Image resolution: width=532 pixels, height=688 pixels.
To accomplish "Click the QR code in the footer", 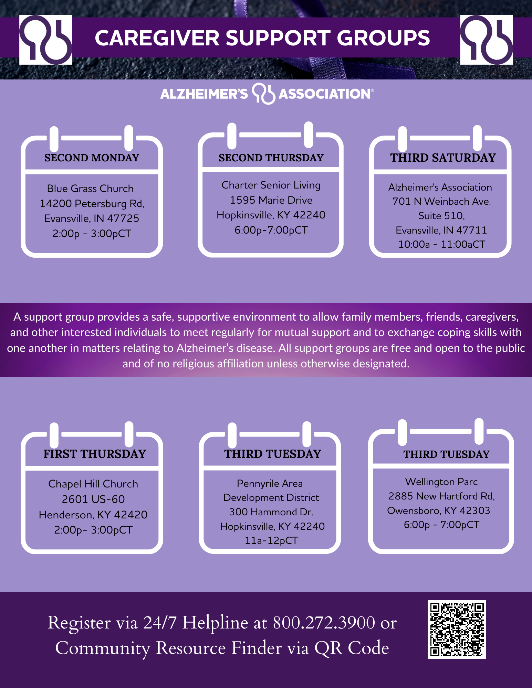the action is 457,629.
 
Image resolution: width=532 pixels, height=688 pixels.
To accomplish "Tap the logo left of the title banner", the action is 45,40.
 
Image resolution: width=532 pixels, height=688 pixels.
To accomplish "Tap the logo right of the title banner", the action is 487,40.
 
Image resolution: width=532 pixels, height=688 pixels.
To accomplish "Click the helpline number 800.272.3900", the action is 324,622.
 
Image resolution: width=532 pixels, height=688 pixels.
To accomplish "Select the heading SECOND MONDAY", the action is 92,158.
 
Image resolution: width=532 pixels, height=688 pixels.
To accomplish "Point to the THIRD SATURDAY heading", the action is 443,158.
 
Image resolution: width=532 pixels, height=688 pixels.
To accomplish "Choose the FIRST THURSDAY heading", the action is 95,454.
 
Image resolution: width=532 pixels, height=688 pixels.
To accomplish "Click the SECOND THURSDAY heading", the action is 271,158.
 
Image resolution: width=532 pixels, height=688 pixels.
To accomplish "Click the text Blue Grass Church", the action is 90,189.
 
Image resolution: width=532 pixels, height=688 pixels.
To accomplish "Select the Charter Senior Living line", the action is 271,185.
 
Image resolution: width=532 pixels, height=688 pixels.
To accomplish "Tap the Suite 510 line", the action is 441,216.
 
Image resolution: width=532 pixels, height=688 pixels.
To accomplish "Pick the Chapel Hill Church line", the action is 93,484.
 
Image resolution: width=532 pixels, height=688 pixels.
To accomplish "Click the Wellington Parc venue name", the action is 441,482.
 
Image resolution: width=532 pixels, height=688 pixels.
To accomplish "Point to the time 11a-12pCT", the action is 271,540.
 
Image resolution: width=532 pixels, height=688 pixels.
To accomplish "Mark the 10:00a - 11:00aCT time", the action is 441,244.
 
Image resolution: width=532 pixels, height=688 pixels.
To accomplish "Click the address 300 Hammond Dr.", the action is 271,512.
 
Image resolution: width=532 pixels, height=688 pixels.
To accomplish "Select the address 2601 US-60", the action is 93,499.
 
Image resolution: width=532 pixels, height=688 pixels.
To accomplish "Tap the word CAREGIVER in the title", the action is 157,38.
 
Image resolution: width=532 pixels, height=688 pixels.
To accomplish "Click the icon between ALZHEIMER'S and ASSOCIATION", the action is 263,94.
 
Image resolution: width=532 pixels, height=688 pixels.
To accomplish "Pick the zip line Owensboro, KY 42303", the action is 438,510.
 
